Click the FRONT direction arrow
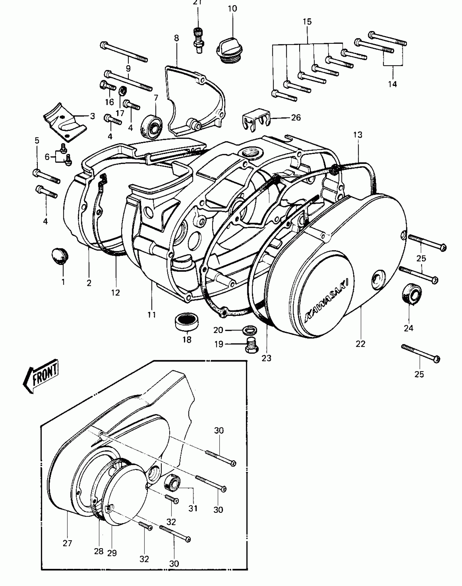(x=41, y=376)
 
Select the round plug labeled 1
(x=60, y=255)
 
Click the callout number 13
(x=358, y=135)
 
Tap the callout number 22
(x=360, y=344)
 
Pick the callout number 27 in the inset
(x=67, y=543)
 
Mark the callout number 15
(x=307, y=22)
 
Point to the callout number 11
(x=152, y=315)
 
